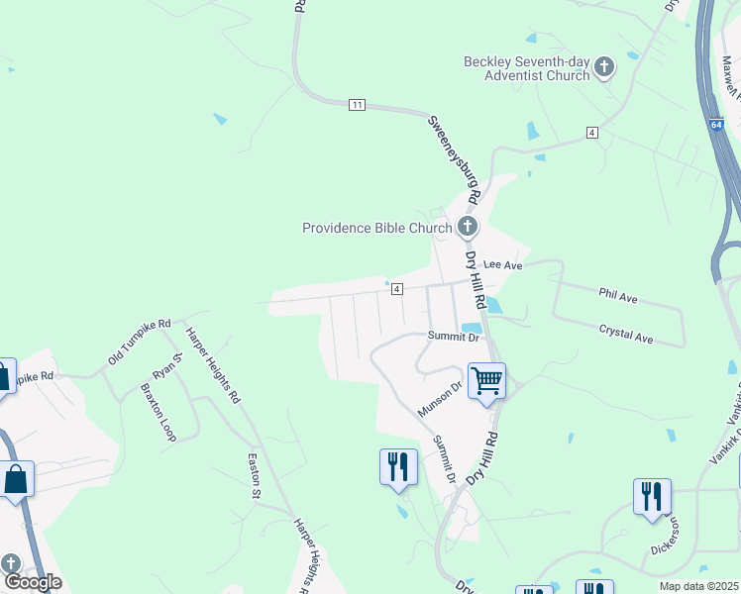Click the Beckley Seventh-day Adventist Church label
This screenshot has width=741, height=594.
coord(526,68)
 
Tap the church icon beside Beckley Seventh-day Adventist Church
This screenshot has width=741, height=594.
coord(604,69)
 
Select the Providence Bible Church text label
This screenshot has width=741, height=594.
coord(376,228)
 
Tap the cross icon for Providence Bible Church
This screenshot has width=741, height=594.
coord(468,228)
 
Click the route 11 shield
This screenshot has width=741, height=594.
coord(358,104)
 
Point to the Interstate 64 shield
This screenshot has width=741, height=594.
coord(716,125)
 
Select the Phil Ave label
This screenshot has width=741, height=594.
coord(618,296)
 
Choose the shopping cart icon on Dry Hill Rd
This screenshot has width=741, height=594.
coord(486,380)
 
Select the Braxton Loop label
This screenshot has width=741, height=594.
coord(158,412)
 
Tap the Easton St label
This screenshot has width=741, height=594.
coord(254,474)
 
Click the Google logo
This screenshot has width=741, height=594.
coord(33,582)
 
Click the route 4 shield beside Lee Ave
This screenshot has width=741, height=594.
coord(396,288)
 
